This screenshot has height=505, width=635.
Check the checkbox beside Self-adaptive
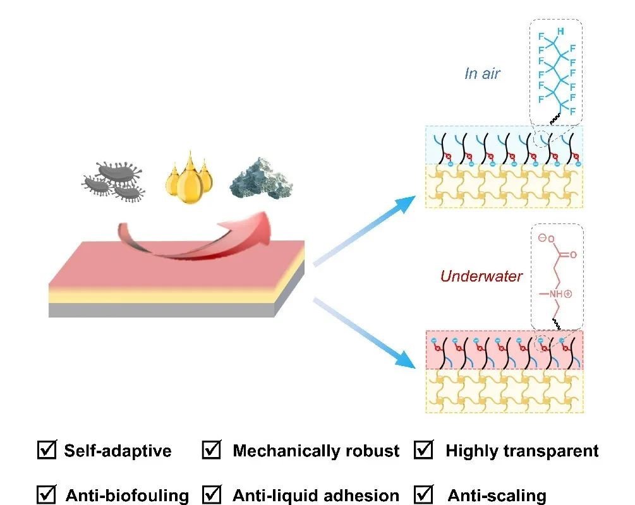coord(47,450)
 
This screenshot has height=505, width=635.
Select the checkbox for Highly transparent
coord(423,450)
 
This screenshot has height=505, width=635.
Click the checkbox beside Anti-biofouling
coord(47,494)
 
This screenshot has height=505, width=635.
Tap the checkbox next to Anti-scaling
coord(423,494)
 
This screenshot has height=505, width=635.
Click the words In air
coord(482,73)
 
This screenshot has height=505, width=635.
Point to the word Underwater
coord(481,276)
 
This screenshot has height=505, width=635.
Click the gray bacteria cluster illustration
coord(114,180)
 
